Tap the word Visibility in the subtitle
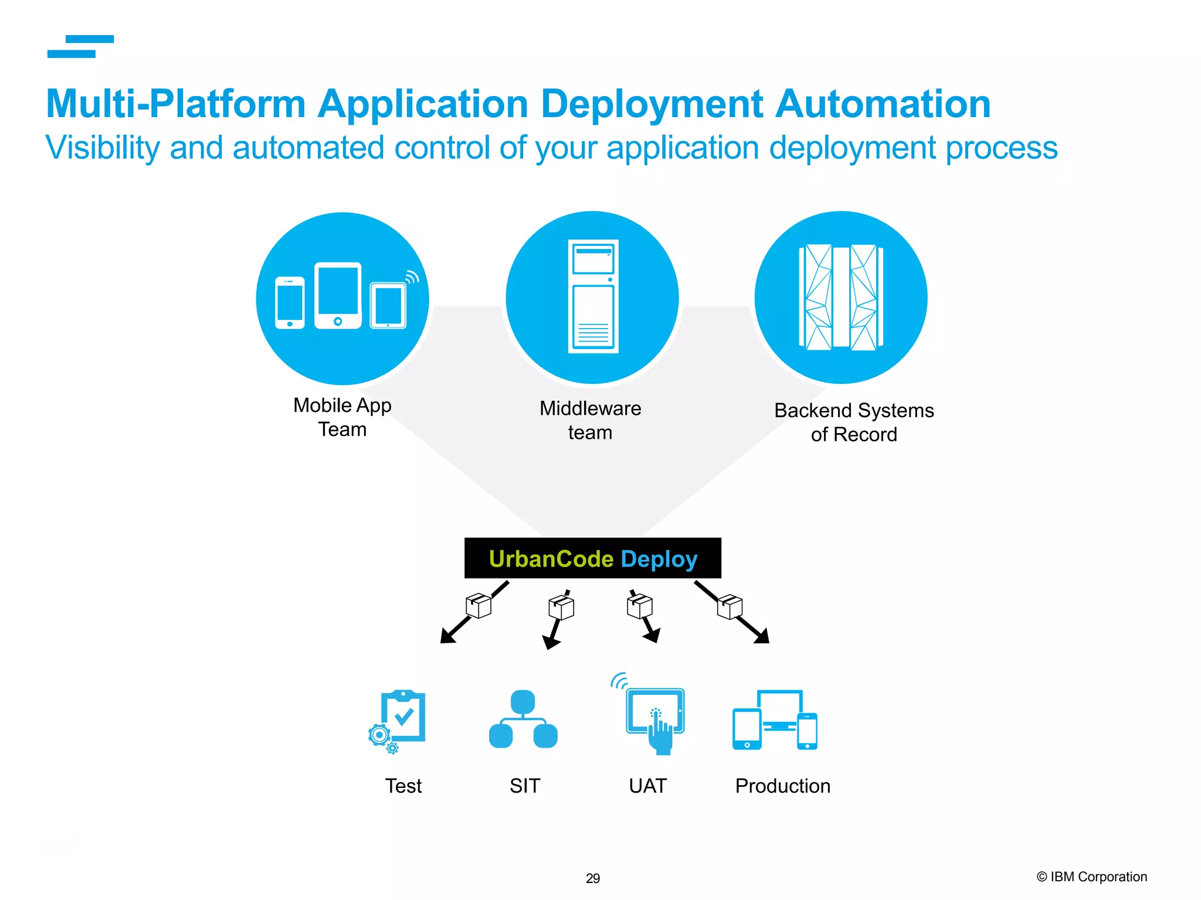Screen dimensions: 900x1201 tap(103, 148)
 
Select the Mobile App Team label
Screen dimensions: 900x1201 tap(342, 417)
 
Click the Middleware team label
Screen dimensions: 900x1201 tap(590, 420)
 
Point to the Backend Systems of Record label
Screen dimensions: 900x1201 tap(854, 422)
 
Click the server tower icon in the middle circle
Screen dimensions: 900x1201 tap(593, 296)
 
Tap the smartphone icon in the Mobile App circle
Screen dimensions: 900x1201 tap(290, 302)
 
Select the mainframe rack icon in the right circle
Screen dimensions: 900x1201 tap(841, 298)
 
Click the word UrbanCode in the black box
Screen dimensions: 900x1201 tap(551, 559)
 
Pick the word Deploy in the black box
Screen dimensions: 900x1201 tap(659, 559)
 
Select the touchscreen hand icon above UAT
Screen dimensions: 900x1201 tap(654, 718)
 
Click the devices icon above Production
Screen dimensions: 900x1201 tap(775, 721)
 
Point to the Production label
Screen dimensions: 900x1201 tap(782, 786)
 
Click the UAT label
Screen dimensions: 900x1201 tap(647, 786)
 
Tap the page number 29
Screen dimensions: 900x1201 tap(593, 878)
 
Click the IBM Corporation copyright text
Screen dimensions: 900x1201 tap(1091, 877)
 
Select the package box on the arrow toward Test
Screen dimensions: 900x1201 tap(479, 605)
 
